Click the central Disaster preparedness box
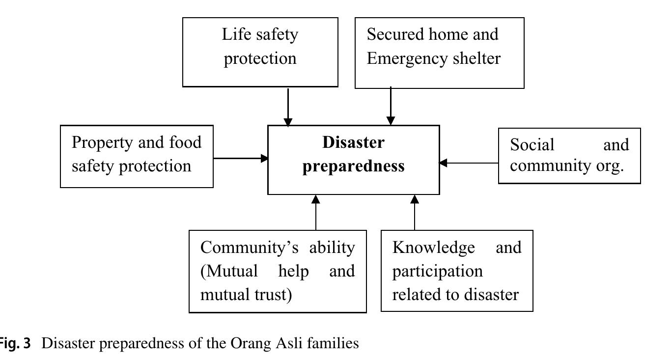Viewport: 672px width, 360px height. coord(353,160)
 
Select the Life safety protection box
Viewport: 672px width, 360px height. coord(260,52)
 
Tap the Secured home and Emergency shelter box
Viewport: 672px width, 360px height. coord(439,53)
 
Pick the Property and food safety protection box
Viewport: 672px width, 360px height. coord(137,156)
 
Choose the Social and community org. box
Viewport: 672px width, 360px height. coord(569,156)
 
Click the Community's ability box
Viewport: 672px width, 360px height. coord(278,271)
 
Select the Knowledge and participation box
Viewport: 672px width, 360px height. coord(457,271)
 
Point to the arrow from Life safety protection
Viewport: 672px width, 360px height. coord(288,107)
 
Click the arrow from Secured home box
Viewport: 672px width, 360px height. coord(391,107)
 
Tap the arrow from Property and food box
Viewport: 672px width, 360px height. coord(241,158)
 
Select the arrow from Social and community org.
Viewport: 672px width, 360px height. coord(469,163)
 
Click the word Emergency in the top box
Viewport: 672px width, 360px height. coord(402,58)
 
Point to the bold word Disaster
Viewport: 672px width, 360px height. coord(353,142)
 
